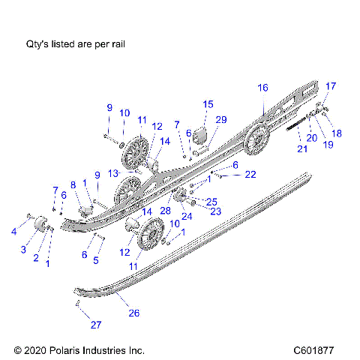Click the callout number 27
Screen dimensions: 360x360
[94, 325]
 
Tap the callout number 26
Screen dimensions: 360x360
[134, 313]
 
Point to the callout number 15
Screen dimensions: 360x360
[208, 104]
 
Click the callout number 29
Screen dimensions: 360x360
[221, 120]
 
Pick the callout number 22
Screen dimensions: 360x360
[250, 174]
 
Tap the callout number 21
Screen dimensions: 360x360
[301, 149]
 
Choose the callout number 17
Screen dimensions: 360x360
[331, 85]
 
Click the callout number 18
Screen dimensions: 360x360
[337, 133]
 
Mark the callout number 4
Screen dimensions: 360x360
[13, 232]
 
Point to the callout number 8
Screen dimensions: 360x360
[73, 184]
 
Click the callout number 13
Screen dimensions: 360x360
[113, 173]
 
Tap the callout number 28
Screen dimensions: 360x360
[164, 211]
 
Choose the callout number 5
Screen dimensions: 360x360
[95, 261]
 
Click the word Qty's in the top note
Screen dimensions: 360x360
[40, 45]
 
